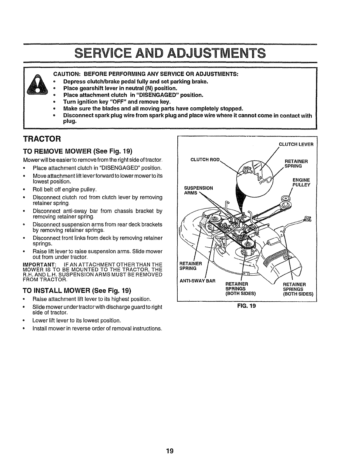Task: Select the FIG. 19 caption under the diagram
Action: click(x=247, y=307)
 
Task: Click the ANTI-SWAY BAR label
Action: click(x=197, y=281)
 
